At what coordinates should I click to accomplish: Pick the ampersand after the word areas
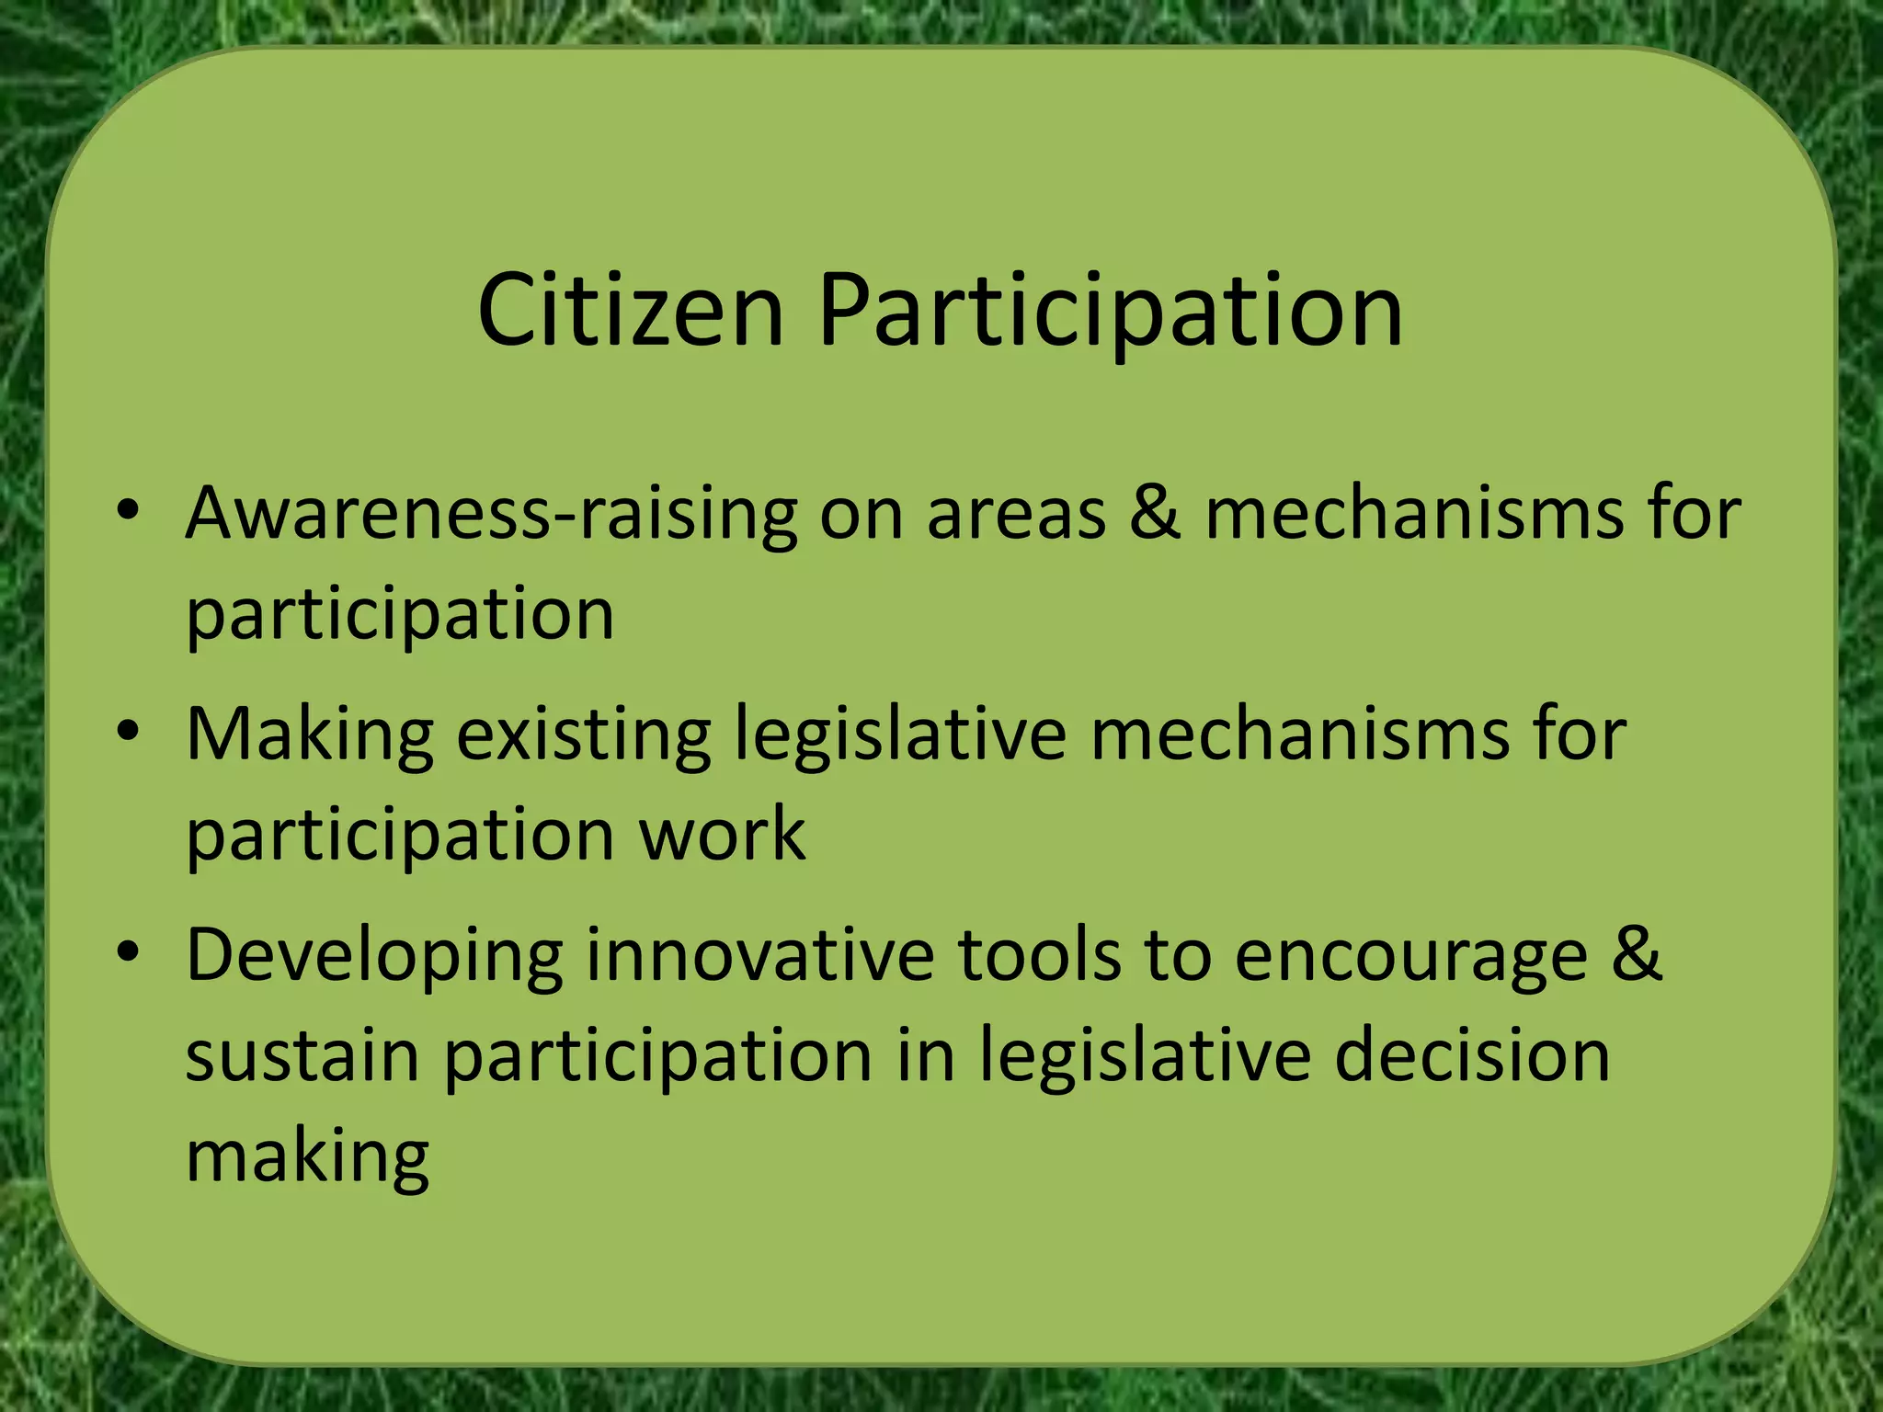point(1155,511)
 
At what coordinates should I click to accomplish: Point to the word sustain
point(302,1055)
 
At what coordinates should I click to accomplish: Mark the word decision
point(1472,1055)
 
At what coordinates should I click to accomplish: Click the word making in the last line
point(307,1156)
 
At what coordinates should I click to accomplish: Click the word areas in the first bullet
point(1016,513)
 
